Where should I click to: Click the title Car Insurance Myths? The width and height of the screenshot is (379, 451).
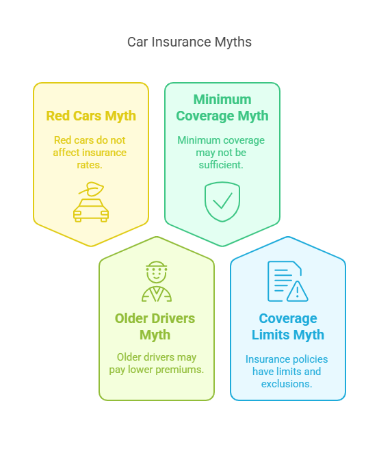tap(189, 42)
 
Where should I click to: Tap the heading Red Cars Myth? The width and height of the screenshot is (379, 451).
tap(91, 116)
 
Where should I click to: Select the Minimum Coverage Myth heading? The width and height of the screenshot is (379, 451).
tap(222, 107)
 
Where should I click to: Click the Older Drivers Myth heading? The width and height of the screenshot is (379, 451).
tap(155, 326)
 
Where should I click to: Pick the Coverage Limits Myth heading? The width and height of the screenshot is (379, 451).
tap(288, 326)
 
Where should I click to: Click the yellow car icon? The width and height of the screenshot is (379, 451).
tap(91, 210)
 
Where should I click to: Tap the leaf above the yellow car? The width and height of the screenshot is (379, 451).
tap(92, 189)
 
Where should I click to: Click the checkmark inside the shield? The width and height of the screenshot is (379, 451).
tap(222, 201)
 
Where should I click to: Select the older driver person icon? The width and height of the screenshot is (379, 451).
tap(157, 281)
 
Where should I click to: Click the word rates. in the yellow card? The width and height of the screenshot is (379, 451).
tap(90, 165)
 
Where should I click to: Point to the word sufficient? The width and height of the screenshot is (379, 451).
tap(221, 165)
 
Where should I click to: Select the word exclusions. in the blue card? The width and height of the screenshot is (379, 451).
tap(287, 384)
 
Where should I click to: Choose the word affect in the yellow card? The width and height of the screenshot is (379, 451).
tap(64, 153)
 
